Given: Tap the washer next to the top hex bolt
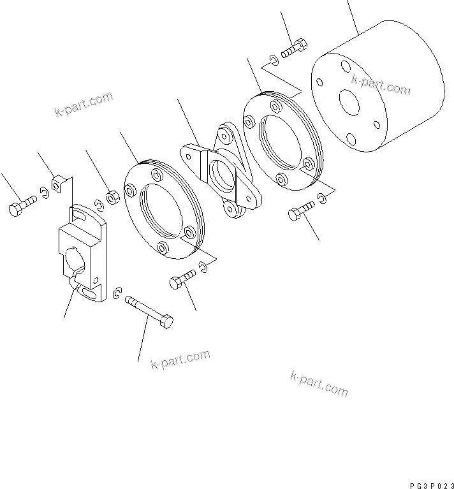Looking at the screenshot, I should tap(274, 60).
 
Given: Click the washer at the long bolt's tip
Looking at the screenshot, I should tap(116, 293).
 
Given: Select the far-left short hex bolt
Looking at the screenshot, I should tap(21, 205).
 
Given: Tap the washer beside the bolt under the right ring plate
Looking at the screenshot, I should tap(325, 201).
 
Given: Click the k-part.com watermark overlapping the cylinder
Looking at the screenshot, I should tap(381, 85).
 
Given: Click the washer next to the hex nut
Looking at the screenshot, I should tap(99, 205).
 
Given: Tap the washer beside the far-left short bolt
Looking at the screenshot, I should tap(43, 192).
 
